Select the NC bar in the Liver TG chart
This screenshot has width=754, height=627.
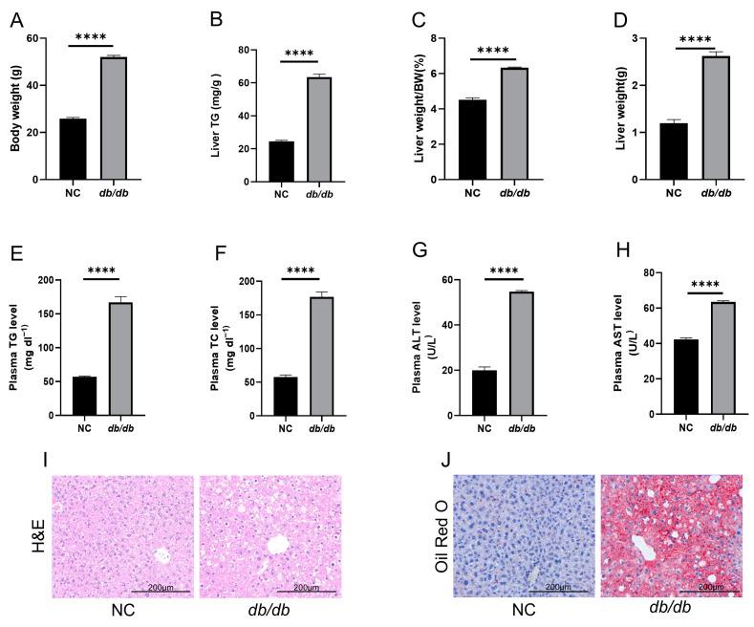click(281, 160)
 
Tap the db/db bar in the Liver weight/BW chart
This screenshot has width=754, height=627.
click(514, 123)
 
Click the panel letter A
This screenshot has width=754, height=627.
click(14, 16)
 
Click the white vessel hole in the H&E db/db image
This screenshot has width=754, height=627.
click(279, 544)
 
